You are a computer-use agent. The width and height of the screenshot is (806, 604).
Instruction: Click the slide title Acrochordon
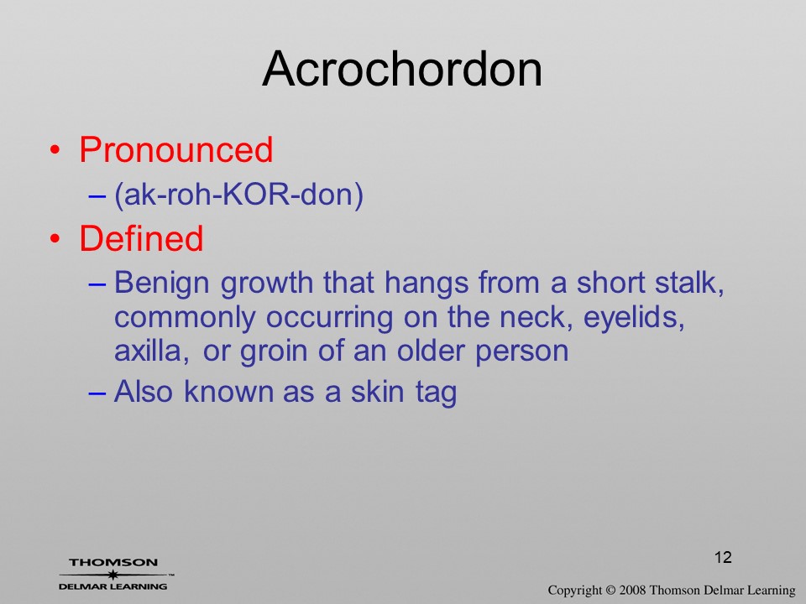click(x=402, y=69)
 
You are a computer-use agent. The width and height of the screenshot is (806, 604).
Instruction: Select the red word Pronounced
click(x=175, y=149)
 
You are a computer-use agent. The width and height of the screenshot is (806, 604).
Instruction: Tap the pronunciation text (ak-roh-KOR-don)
click(x=238, y=195)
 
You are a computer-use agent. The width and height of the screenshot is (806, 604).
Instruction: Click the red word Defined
click(x=141, y=238)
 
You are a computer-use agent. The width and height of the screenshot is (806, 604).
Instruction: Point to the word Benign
click(x=162, y=284)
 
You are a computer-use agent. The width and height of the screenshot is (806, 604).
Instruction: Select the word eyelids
click(x=634, y=317)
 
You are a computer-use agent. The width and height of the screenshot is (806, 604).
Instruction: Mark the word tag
click(x=436, y=393)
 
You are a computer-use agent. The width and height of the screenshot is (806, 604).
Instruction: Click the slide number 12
click(x=723, y=557)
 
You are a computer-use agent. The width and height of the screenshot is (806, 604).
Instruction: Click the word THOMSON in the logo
click(x=113, y=562)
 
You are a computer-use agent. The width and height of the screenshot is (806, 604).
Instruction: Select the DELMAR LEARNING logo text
click(x=113, y=586)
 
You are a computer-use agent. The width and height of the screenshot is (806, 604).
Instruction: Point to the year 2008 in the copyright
click(x=632, y=590)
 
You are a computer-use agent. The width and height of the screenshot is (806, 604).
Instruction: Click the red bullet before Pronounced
click(x=55, y=150)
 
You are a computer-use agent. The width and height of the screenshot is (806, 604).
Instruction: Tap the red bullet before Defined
click(x=55, y=239)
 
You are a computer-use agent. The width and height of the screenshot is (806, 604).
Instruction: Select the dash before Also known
click(x=97, y=393)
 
